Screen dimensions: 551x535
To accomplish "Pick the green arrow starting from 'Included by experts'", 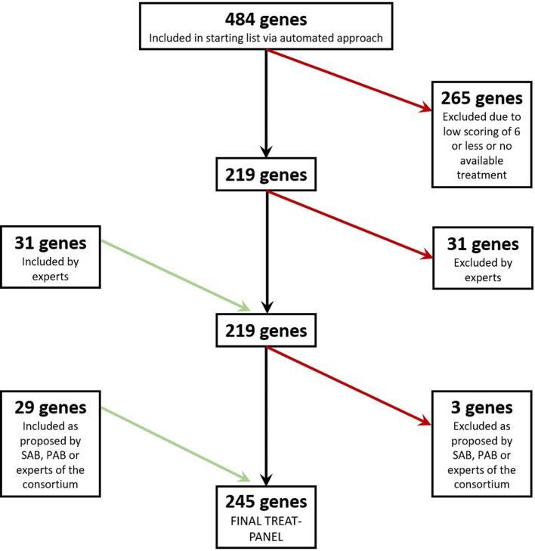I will (175, 275).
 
